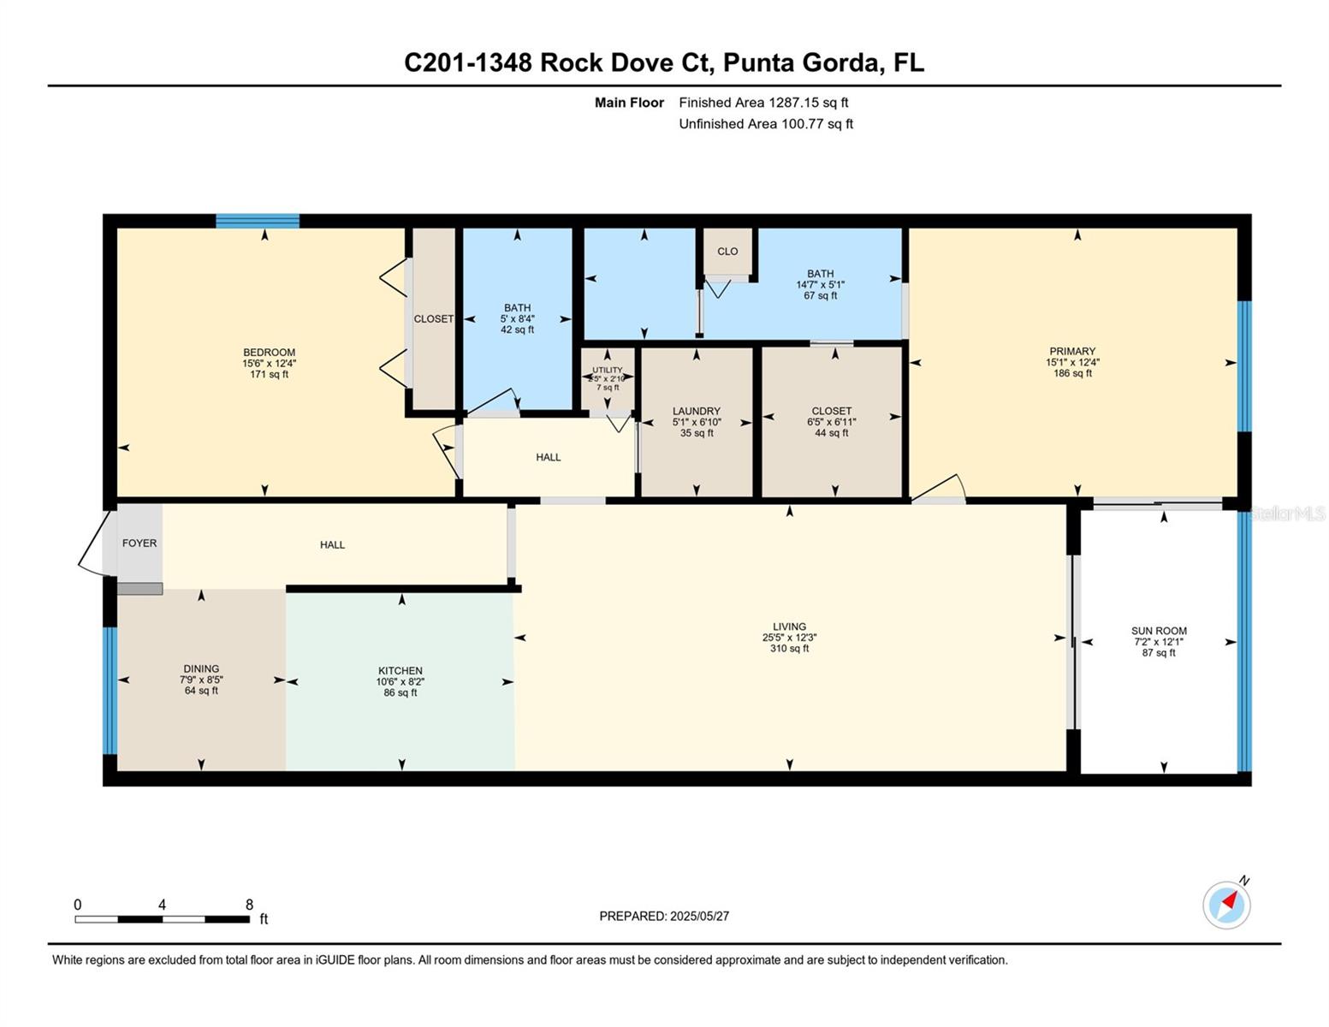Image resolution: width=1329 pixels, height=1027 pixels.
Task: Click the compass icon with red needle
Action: (1225, 905)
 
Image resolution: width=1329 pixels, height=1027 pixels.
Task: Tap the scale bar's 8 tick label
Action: (249, 904)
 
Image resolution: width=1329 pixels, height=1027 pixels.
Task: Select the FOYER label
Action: (139, 543)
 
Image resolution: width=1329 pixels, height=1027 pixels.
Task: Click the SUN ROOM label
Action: (1159, 631)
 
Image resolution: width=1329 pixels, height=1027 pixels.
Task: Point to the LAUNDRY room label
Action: (696, 411)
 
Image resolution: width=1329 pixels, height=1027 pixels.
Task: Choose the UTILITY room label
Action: (607, 370)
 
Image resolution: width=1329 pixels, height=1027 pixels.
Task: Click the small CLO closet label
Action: (727, 252)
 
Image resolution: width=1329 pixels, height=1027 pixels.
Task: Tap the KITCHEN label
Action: (400, 670)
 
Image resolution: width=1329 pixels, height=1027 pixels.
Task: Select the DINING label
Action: (201, 668)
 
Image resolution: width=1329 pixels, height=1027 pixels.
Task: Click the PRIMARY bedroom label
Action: (1072, 351)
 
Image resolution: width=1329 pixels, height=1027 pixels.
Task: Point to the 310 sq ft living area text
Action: (789, 649)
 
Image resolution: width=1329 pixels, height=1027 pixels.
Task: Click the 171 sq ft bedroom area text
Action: (269, 374)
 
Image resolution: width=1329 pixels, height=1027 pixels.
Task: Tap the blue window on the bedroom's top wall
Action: (258, 221)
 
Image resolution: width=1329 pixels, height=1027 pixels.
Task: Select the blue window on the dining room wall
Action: (110, 690)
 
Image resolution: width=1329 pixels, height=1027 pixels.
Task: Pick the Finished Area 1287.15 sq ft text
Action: (763, 103)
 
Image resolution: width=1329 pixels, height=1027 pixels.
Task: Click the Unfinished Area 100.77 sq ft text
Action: (766, 123)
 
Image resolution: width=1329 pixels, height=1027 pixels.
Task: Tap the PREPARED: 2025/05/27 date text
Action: (664, 917)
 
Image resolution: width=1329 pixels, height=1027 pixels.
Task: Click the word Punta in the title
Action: (758, 62)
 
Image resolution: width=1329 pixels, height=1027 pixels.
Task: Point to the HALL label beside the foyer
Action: (332, 544)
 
